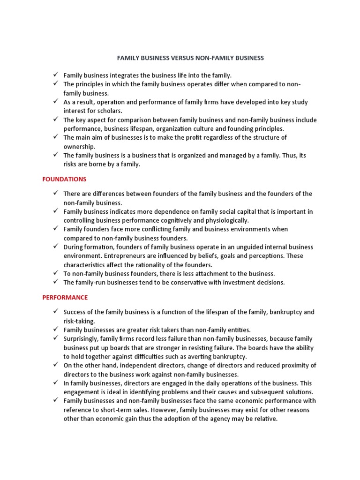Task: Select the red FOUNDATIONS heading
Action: tap(64, 179)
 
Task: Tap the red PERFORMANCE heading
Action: tap(65, 297)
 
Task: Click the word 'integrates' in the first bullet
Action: tap(125, 75)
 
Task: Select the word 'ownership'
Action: tap(79, 146)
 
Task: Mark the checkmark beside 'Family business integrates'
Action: tap(55, 75)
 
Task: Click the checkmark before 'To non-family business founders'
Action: tap(55, 273)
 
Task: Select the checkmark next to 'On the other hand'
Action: tap(55, 365)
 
